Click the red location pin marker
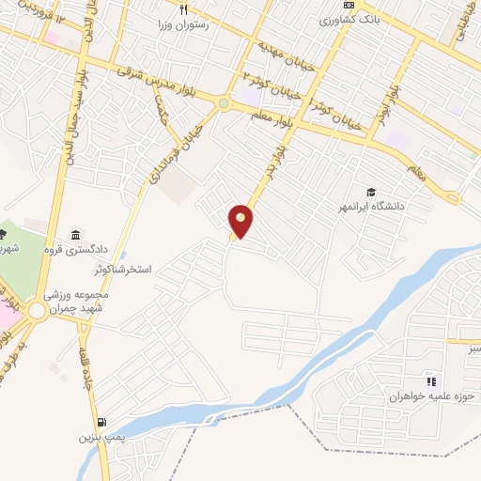pos(241,221)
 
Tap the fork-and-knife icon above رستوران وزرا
pos(185,9)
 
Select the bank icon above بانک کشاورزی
pos(349,6)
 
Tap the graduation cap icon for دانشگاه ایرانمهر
pos(373,191)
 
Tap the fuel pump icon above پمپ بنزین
pos(101,422)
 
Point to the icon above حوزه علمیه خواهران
pos(430,380)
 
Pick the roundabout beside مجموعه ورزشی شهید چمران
pos(37,310)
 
